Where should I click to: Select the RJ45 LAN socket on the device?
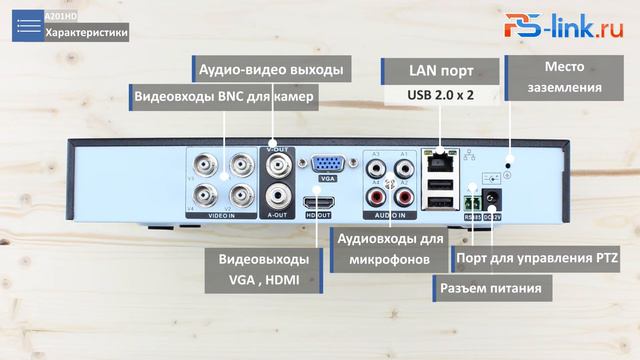[437, 158]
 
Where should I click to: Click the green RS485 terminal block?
[470, 202]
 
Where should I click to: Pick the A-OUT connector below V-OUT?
[277, 196]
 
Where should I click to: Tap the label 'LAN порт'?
[440, 71]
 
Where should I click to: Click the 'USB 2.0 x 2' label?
[440, 95]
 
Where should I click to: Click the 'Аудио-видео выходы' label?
[270, 70]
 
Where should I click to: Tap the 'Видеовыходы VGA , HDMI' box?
[263, 270]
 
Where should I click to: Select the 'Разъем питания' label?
[492, 289]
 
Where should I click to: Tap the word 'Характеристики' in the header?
[86, 32]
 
